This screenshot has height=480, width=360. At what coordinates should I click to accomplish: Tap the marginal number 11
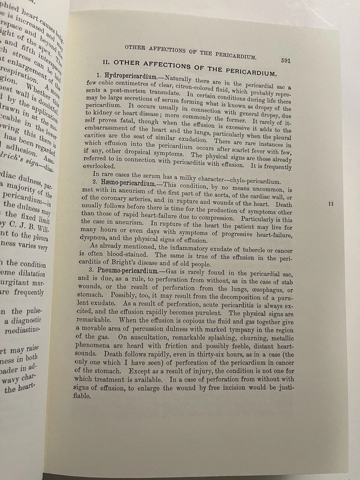click(330, 204)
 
